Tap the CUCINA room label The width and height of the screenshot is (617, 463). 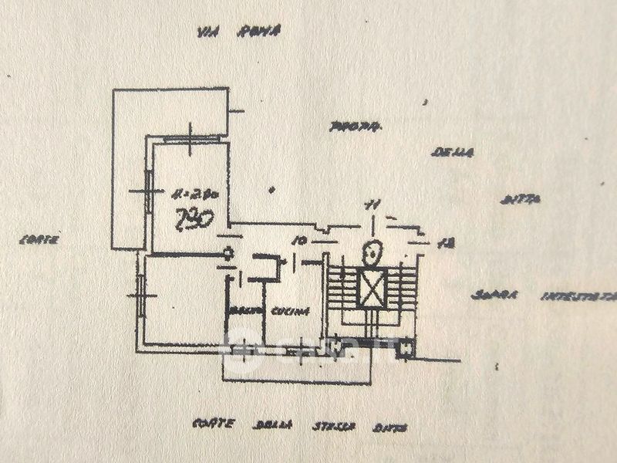click(289, 312)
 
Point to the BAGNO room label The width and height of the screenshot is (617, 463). click(244, 312)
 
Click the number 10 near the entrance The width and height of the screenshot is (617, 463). click(300, 242)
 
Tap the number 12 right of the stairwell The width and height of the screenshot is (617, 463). click(443, 243)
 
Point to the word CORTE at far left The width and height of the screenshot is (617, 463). click(39, 240)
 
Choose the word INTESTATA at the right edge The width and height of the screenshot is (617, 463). click(578, 296)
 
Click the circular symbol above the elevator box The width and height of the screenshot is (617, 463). click(373, 250)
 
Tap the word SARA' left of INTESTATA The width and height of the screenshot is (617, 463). click(497, 296)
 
